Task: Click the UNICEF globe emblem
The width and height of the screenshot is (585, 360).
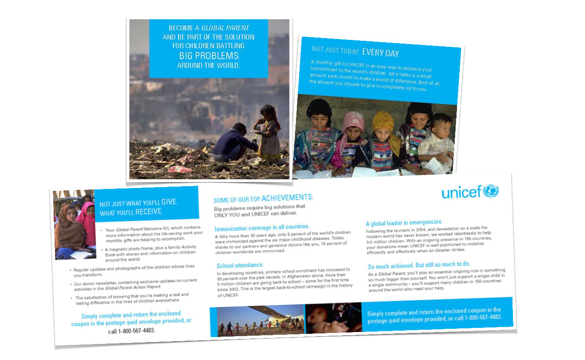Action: (x=490, y=191)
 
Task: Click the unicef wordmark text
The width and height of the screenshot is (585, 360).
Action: (x=461, y=193)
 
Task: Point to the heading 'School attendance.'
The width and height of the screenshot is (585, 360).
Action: (x=240, y=265)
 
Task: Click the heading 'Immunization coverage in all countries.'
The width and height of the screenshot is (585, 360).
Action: (x=262, y=227)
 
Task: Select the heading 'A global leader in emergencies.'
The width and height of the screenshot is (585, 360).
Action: (x=404, y=222)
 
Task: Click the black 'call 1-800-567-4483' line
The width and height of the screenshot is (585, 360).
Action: (x=131, y=331)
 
